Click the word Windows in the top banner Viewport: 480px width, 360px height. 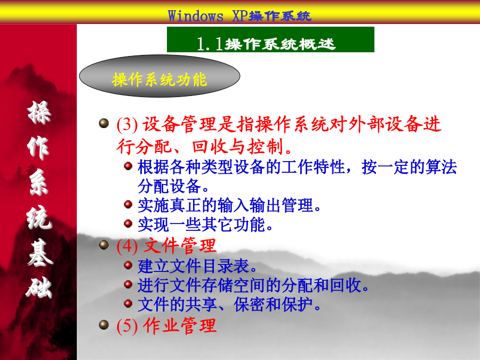coord(196,16)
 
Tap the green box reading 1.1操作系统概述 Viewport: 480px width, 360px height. coord(270,39)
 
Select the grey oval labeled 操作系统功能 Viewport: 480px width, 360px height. coord(159,76)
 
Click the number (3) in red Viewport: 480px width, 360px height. coord(127,125)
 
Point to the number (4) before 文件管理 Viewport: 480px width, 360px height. coord(127,246)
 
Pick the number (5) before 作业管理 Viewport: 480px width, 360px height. coord(127,326)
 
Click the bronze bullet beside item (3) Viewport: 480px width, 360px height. coord(104,123)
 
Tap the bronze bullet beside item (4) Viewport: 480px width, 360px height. coord(104,245)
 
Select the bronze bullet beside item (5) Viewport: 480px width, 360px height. coord(104,325)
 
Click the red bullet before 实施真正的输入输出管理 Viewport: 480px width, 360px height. coord(128,204)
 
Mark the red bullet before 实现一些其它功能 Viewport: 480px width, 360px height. coord(128,223)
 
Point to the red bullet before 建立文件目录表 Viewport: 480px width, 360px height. coord(128,265)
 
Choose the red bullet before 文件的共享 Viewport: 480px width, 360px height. coord(128,303)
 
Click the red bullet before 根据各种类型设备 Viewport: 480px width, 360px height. coord(128,166)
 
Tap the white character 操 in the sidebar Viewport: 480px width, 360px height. coord(39,113)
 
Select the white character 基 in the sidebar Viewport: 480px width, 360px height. coord(40,252)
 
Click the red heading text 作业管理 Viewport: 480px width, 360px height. coord(180,325)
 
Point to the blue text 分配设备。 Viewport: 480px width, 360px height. coord(173,186)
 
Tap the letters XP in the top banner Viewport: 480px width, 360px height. coord(240,16)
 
